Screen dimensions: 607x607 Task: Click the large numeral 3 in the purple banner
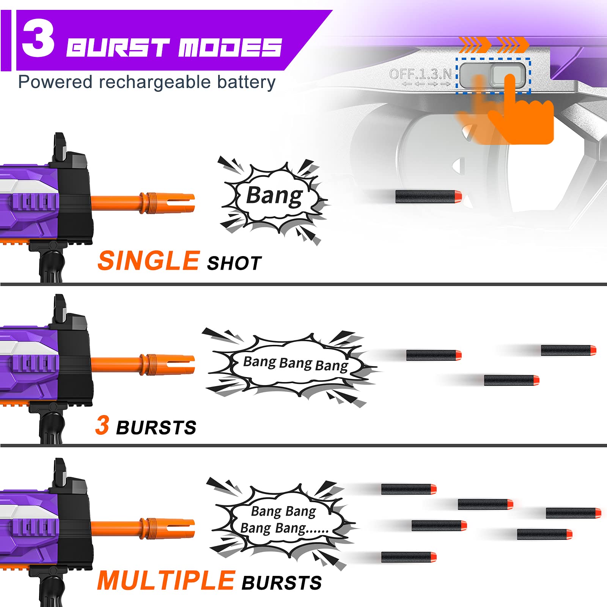click(38, 39)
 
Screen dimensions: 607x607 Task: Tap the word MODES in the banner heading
click(230, 48)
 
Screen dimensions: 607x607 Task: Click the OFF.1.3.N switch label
click(420, 74)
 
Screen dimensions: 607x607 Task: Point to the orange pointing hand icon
click(520, 114)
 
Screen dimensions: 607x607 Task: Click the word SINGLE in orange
click(148, 261)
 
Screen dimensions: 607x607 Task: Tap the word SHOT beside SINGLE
click(234, 263)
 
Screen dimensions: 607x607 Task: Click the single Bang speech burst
click(274, 197)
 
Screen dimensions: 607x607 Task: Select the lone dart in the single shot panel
click(428, 197)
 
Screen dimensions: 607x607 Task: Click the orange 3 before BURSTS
click(102, 425)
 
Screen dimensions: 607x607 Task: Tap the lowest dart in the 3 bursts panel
click(511, 380)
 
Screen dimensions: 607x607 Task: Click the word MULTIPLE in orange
click(166, 581)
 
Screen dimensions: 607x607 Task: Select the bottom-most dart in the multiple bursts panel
click(409, 557)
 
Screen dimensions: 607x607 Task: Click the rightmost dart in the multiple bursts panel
click(573, 513)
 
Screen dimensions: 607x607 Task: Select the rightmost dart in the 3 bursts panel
click(568, 350)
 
